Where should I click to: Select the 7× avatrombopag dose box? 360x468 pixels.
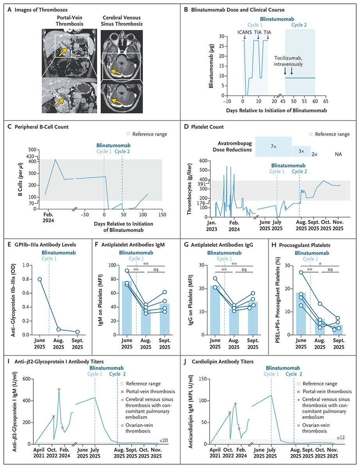[273, 146]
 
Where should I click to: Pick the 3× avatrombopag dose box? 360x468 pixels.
[301, 151]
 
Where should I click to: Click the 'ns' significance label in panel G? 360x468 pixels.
[244, 269]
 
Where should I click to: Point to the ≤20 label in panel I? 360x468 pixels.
[164, 441]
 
